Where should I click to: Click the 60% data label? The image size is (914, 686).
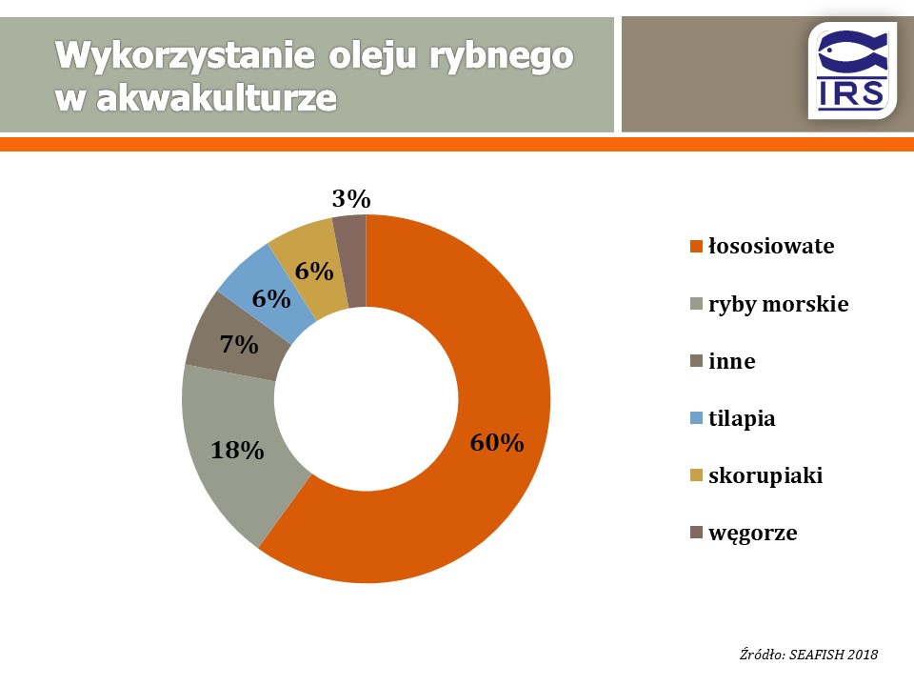coord(497,443)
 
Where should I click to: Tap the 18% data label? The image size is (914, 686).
coord(237,451)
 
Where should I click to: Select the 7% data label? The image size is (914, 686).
coord(239,345)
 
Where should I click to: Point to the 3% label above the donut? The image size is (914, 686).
coord(351,199)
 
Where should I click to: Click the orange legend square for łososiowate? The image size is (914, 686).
coord(696,246)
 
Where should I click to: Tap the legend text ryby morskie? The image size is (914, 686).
coord(778,304)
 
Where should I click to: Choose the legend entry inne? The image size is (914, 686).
coord(731,361)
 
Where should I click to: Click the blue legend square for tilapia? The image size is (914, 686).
coord(696,418)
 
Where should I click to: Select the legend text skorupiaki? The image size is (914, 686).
coord(765,475)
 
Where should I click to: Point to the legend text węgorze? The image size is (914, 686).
coord(752,534)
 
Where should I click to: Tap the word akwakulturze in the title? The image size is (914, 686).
coord(216,98)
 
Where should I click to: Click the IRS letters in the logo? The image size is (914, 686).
coord(851,94)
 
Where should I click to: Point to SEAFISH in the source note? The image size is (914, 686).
coord(816,655)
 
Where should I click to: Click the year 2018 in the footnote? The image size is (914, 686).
coord(863,655)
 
